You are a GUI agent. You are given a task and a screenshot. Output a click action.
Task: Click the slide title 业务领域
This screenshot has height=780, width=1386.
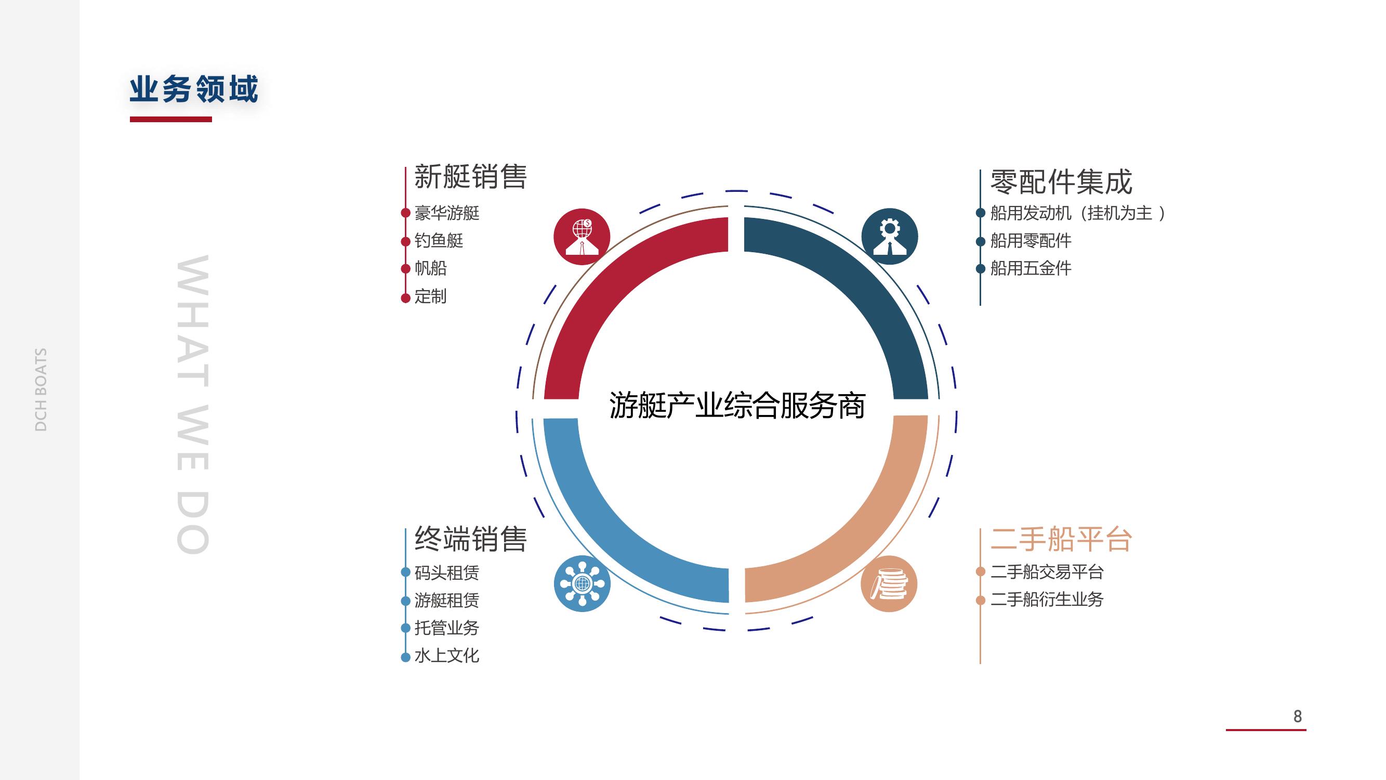tap(194, 89)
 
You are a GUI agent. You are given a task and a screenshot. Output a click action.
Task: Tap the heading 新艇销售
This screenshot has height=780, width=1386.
tap(470, 177)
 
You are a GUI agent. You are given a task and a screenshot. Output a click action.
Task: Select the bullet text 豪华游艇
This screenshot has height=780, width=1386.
tap(446, 213)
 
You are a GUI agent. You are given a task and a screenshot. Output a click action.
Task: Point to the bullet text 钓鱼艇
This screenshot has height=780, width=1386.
tap(439, 241)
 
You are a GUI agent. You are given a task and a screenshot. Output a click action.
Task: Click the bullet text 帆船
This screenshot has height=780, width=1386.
tap(430, 268)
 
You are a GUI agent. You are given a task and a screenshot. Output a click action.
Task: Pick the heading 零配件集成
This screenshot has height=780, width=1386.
tap(1061, 182)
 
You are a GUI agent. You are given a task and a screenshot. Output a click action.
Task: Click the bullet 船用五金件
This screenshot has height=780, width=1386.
tap(1031, 268)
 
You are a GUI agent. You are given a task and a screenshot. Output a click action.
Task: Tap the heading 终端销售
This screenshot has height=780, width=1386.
tap(470, 539)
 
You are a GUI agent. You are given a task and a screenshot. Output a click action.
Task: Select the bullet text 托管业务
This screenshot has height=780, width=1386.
tap(446, 628)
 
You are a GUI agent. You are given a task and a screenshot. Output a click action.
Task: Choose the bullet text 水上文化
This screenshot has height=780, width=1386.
tap(446, 656)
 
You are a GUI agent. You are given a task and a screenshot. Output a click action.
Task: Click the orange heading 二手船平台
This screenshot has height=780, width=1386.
tap(1061, 539)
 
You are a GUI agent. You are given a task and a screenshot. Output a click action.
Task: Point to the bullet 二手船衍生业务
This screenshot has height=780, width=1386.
tap(1047, 600)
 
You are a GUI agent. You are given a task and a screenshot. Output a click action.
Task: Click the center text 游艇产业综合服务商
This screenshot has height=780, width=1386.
tap(737, 406)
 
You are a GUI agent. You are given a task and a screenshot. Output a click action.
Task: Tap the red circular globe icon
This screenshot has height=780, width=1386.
tap(582, 236)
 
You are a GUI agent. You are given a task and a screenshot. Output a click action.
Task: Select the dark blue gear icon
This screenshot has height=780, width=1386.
tap(889, 236)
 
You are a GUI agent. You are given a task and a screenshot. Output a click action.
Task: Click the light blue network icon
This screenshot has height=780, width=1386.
tap(582, 583)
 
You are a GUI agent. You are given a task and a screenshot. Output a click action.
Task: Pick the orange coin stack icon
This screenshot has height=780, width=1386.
tap(889, 583)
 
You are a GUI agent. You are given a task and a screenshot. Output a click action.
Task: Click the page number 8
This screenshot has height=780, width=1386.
tap(1298, 717)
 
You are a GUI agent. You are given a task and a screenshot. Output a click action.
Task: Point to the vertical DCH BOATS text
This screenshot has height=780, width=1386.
tap(41, 389)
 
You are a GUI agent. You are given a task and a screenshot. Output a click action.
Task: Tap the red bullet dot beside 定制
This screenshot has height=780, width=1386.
tap(406, 297)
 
